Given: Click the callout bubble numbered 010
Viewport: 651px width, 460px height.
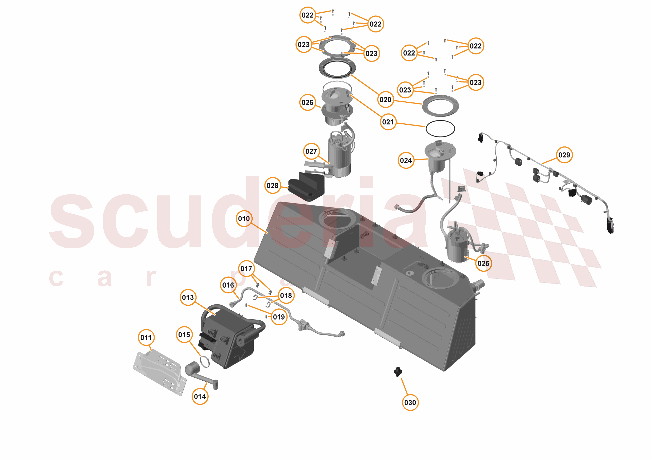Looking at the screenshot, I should [x=244, y=218].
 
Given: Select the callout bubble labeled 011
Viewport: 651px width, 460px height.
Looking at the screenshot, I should [x=146, y=337].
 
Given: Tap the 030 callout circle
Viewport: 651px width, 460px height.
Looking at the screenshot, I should [x=410, y=402].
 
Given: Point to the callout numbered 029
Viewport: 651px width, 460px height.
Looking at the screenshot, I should [x=564, y=155].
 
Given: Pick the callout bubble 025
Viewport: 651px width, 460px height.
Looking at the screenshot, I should [x=483, y=263].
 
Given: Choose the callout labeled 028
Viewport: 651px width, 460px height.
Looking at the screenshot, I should [x=273, y=185].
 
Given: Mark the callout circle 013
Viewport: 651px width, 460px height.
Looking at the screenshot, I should [x=188, y=297].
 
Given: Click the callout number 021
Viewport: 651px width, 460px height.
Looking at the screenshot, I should [x=388, y=122].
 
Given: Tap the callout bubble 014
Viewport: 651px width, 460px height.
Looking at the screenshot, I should [x=200, y=396].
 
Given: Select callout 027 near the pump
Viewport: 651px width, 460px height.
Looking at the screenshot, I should [x=311, y=151].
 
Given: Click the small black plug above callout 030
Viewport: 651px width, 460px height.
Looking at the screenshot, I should [x=398, y=371].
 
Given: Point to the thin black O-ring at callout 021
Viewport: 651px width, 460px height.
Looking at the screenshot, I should [x=440, y=128].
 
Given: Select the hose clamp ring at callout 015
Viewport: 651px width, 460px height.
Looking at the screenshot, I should [x=204, y=361].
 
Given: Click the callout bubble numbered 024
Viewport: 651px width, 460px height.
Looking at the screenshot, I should [x=406, y=160].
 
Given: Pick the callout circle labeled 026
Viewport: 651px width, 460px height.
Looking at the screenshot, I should [x=307, y=102].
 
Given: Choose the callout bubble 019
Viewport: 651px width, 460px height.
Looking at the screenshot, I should [x=279, y=317].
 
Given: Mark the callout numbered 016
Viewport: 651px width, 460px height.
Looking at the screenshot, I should [x=228, y=285].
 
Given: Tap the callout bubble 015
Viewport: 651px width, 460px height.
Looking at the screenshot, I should [x=184, y=335].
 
